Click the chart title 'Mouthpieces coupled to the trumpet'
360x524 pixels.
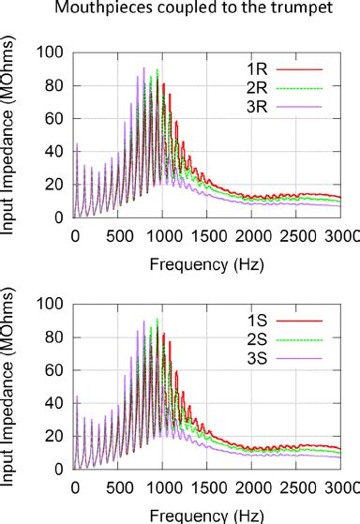click(180, 10)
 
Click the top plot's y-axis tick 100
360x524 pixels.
click(52, 52)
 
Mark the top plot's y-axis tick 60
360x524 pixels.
click(56, 119)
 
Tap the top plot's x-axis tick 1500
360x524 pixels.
click(209, 234)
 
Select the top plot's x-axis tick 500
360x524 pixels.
click(119, 234)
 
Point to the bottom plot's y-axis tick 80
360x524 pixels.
click(56, 337)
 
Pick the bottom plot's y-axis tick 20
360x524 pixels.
click(56, 436)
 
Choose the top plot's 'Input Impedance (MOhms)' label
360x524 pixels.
click(12, 136)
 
